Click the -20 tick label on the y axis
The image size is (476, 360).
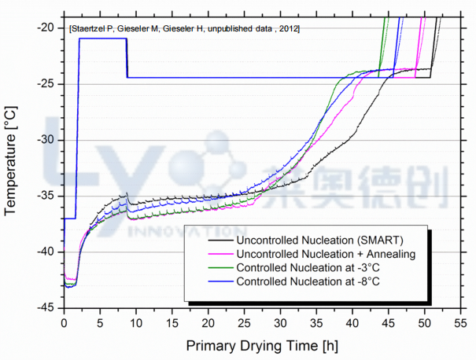[x=45, y=28]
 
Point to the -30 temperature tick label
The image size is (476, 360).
[x=45, y=140]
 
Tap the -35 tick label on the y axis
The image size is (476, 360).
[x=45, y=196]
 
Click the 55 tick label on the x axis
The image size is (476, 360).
[x=460, y=322]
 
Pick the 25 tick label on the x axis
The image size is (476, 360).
[x=244, y=322]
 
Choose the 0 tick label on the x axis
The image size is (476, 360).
[x=64, y=322]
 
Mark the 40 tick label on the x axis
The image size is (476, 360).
[x=352, y=322]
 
